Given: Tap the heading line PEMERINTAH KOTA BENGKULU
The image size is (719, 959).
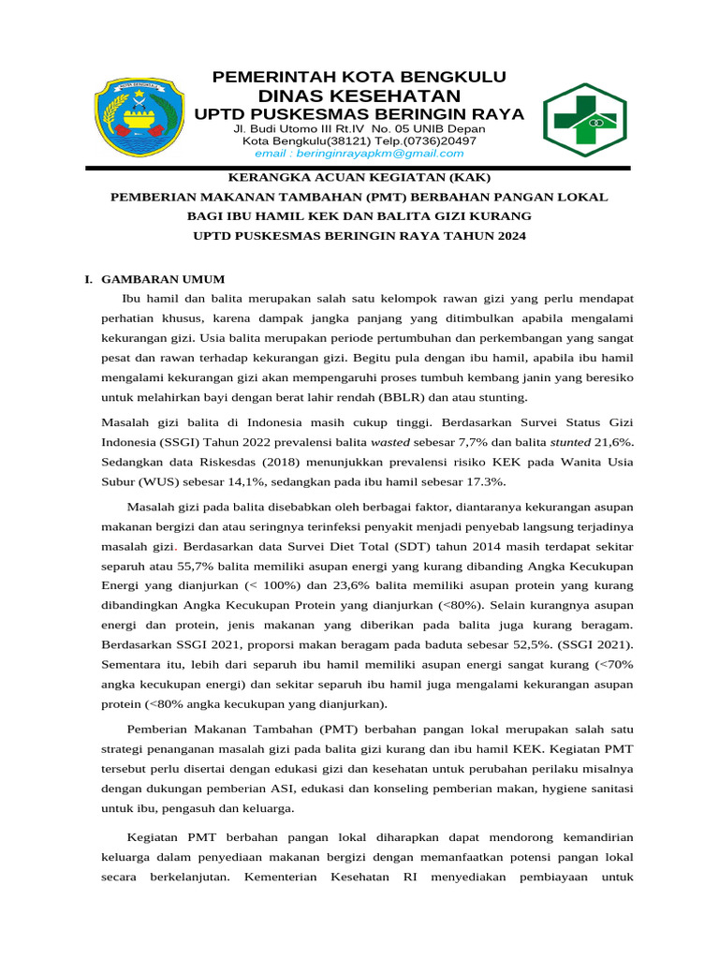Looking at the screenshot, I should point(359,76).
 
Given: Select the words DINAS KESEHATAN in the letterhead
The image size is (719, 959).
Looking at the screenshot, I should point(359,96).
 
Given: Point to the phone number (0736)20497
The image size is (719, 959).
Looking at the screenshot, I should point(440,140).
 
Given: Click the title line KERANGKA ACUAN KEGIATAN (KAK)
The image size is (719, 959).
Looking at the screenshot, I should point(359,177).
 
